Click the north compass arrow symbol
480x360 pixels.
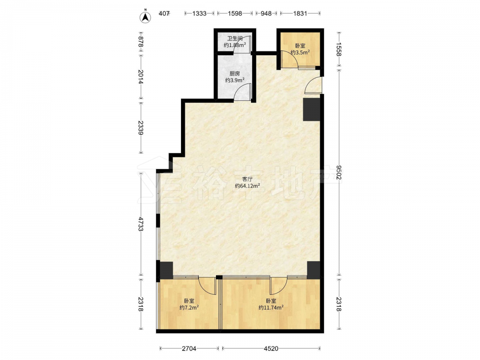(x=146, y=17)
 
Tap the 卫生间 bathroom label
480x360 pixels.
(x=235, y=38)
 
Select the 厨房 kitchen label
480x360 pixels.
(x=235, y=73)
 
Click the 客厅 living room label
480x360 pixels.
(x=247, y=179)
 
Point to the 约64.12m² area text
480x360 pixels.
(x=247, y=186)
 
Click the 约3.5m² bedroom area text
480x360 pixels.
(x=300, y=52)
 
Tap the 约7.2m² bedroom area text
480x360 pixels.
(x=189, y=307)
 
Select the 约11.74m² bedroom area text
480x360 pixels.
(x=271, y=307)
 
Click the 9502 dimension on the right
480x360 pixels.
(x=339, y=172)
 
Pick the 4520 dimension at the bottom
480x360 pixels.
(x=271, y=348)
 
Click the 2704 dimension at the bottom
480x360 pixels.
(x=189, y=348)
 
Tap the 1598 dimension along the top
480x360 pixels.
(x=235, y=13)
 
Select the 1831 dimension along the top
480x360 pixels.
(x=300, y=13)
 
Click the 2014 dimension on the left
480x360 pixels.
(x=140, y=77)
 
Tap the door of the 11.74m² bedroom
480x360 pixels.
(x=278, y=284)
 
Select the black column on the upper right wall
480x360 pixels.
(x=312, y=109)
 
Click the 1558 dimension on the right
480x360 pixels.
(x=339, y=49)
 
